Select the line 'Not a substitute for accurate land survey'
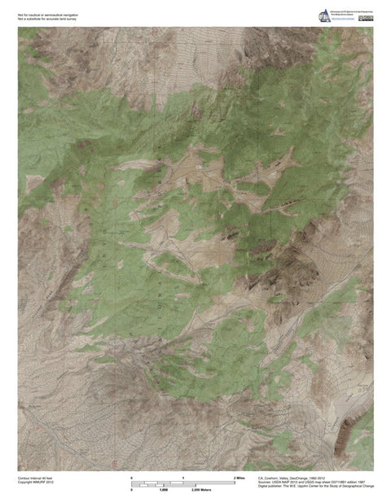(54, 17)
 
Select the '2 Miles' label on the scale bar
(239, 477)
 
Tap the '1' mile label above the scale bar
(183, 477)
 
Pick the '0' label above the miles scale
(132, 477)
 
